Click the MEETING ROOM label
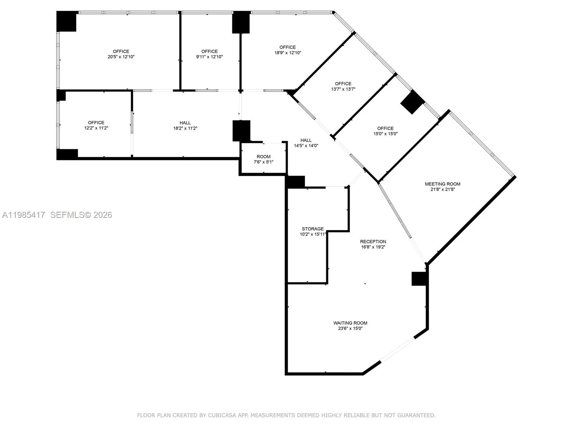point(443,184)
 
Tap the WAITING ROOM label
point(350,323)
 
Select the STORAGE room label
point(313,229)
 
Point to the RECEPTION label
point(373,242)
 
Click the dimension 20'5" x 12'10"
point(121,57)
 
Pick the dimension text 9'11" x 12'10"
point(210,57)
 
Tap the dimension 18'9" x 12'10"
point(288,53)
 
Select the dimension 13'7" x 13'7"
point(343,89)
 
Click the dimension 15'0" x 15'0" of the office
point(385,134)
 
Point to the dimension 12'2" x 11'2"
point(96,128)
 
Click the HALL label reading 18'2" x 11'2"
point(185,123)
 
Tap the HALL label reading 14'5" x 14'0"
point(306,140)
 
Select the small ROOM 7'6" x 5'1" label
point(264,157)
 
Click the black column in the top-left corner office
point(67,21)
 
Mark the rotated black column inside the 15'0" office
point(413,102)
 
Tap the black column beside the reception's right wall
point(419,279)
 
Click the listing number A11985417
point(24,215)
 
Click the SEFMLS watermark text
point(67,215)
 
